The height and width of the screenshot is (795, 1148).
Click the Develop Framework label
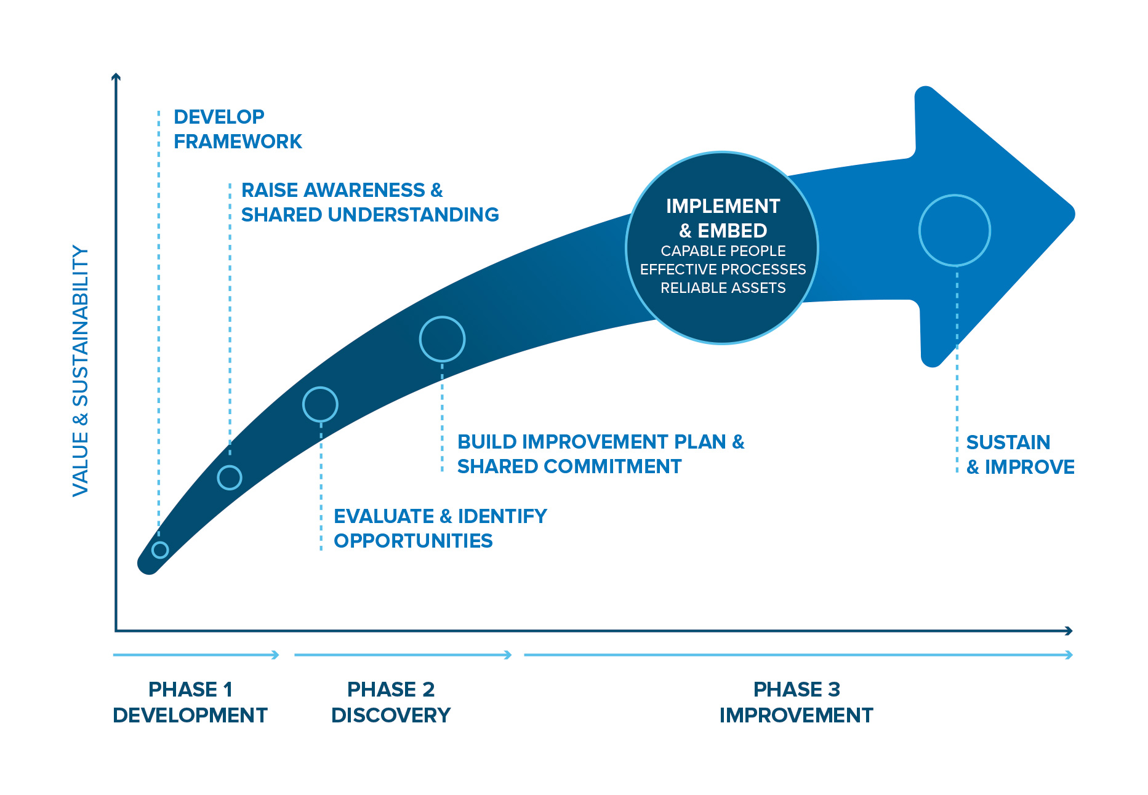[x=238, y=129]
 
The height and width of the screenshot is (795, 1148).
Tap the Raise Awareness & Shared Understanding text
[x=369, y=202]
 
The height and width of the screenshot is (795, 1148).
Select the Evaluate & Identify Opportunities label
[x=440, y=529]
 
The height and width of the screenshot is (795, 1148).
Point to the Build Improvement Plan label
[x=600, y=454]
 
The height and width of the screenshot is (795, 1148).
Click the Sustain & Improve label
[x=1020, y=455]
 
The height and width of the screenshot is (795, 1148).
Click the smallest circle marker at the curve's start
[x=160, y=549]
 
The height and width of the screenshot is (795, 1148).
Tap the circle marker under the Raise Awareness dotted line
[x=230, y=477]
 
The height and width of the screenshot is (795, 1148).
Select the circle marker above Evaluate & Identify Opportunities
[x=320, y=404]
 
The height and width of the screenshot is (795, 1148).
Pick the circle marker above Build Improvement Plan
[x=442, y=339]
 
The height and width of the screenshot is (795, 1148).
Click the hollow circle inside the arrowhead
[x=954, y=230]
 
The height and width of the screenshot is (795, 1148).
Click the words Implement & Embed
[x=723, y=218]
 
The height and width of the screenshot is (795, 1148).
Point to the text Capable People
[x=723, y=251]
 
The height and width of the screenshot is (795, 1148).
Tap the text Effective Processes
[x=723, y=270]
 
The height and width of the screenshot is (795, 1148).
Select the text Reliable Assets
[x=723, y=288]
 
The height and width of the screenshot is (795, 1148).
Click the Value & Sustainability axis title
[x=81, y=371]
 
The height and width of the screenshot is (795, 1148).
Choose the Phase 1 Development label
[x=190, y=702]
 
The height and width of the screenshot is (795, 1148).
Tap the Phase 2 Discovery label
[x=391, y=702]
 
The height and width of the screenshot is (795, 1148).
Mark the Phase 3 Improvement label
[x=797, y=702]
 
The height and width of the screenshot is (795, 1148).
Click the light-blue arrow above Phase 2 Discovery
[x=403, y=655]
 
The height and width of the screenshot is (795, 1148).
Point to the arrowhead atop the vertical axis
[x=116, y=77]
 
